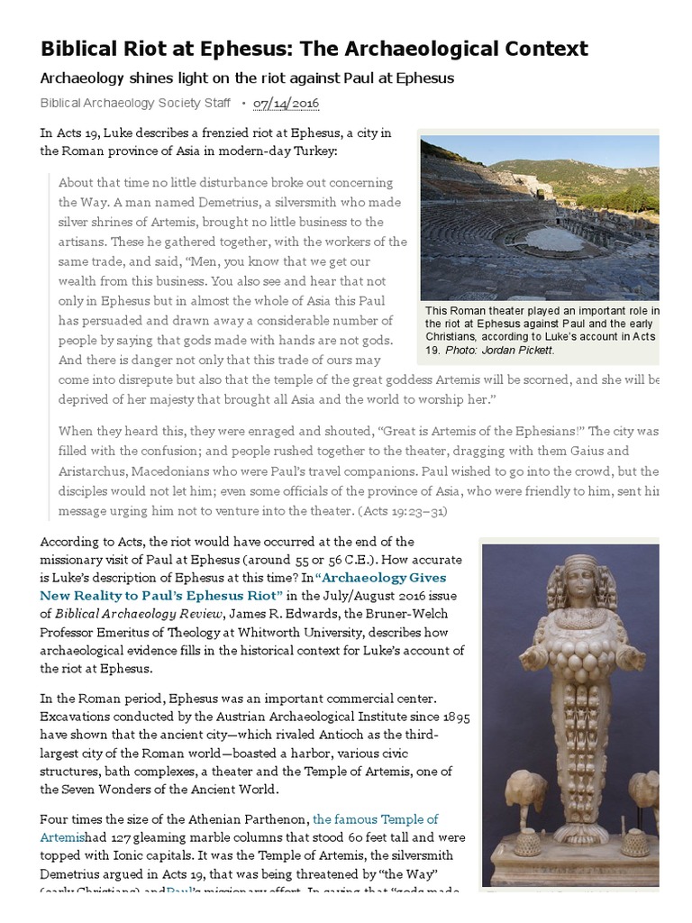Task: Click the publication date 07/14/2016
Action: coord(286,104)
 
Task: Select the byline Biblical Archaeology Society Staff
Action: coord(135,104)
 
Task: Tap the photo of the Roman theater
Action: coord(540,218)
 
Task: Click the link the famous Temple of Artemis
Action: coord(375,819)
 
